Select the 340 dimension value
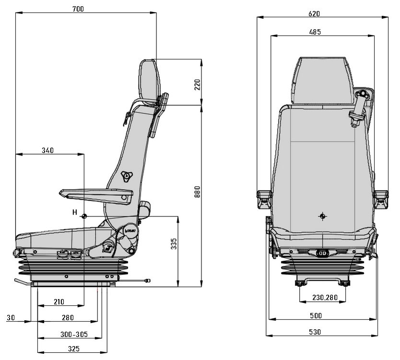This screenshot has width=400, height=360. [47, 150]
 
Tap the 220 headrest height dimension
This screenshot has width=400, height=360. [197, 85]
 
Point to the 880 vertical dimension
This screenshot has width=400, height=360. [197, 192]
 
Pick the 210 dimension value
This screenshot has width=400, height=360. [59, 302]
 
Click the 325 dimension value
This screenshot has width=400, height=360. [74, 348]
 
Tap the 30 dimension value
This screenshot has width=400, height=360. [11, 318]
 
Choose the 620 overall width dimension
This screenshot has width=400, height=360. [315, 14]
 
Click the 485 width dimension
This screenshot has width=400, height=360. [315, 32]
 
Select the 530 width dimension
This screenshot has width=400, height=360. [315, 332]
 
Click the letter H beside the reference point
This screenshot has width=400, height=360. [74, 212]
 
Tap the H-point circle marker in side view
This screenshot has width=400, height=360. [84, 216]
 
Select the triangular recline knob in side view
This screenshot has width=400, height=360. [127, 176]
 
